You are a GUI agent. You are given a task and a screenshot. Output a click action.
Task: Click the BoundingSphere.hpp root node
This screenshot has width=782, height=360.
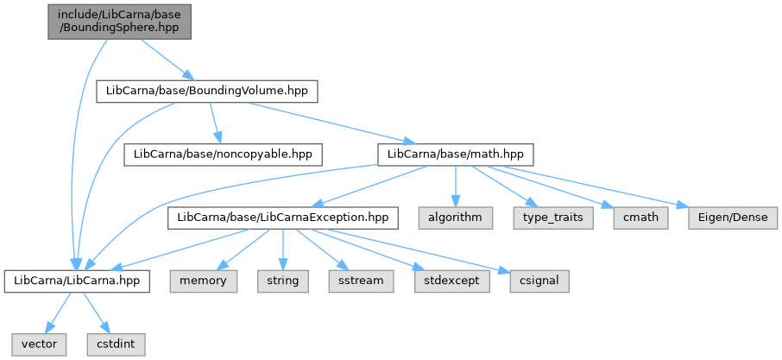click(120, 22)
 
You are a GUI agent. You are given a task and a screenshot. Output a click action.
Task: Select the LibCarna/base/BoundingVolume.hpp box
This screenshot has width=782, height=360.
click(207, 92)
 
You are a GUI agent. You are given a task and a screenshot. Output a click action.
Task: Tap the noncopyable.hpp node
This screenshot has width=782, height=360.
click(223, 155)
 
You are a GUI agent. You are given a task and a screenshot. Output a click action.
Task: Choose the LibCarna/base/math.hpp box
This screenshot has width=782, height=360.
click(456, 155)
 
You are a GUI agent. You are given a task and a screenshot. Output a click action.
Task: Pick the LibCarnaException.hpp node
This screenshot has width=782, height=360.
click(283, 218)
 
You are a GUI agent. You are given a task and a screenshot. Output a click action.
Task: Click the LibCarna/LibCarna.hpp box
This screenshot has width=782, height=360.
click(77, 281)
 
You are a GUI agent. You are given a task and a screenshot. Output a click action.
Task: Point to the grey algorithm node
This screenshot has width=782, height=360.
click(456, 218)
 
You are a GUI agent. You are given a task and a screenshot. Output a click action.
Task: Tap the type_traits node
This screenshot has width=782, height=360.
click(553, 218)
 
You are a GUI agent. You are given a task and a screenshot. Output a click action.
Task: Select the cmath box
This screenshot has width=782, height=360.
click(641, 218)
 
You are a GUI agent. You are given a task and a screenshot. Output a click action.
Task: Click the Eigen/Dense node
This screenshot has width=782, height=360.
click(733, 218)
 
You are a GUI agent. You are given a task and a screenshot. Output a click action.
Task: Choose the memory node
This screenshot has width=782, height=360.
click(204, 281)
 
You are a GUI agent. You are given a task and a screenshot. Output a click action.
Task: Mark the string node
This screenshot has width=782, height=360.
click(283, 281)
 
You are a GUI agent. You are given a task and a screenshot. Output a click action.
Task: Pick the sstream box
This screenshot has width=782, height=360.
click(361, 281)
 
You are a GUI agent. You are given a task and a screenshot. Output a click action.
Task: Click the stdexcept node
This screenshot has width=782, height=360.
click(451, 281)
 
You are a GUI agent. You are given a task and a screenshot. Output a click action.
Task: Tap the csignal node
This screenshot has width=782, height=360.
click(539, 281)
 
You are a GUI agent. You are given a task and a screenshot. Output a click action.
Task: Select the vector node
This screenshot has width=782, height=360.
click(40, 344)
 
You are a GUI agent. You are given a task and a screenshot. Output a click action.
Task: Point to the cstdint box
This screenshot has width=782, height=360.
click(117, 344)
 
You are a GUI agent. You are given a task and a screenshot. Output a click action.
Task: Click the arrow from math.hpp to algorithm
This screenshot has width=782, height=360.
click(456, 186)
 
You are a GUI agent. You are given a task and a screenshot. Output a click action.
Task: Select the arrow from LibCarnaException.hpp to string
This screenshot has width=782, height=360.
click(283, 249)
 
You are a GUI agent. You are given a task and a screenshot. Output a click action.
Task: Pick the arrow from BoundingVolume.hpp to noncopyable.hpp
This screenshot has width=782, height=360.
click(215, 123)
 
